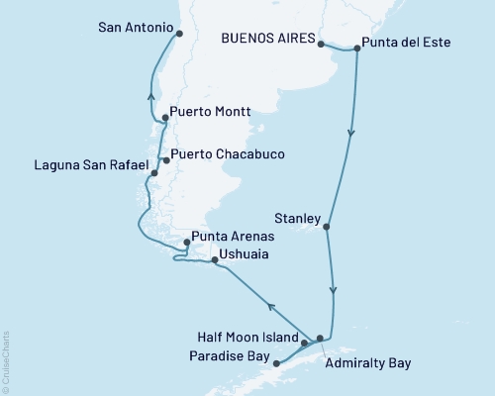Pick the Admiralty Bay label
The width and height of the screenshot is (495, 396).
(367, 363)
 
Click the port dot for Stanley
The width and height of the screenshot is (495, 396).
(327, 228)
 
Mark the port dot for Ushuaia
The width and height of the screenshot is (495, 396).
(214, 261)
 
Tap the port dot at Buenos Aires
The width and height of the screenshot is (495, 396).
(321, 44)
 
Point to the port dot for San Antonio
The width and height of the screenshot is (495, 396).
(179, 33)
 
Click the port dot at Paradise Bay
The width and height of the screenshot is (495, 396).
(276, 363)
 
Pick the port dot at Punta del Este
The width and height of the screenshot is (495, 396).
(356, 47)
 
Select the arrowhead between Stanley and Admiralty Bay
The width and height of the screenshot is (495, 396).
(334, 290)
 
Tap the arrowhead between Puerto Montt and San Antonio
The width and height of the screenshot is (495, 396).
(150, 97)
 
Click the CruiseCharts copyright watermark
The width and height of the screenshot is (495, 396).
(6, 361)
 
